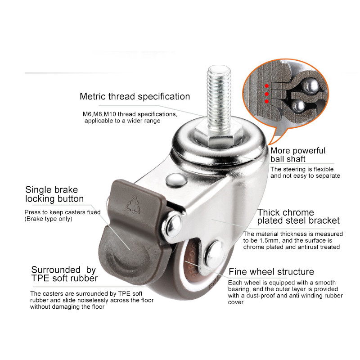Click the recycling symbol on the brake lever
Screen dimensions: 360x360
[x=133, y=205]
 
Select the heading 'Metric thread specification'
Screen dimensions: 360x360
[x=135, y=96]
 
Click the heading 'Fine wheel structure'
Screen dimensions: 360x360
[x=271, y=272]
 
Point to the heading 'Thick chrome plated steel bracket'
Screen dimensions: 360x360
[x=298, y=216]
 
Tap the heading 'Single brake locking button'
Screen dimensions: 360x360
[x=54, y=194]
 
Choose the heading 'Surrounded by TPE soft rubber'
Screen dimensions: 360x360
[x=64, y=274]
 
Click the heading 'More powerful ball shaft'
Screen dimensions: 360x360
[x=298, y=155]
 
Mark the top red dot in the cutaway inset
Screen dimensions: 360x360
[x=266, y=86]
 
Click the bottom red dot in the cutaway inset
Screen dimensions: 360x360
[x=266, y=101]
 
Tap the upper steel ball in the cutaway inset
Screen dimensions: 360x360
[x=310, y=85]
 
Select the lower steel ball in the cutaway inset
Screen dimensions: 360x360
[x=299, y=106]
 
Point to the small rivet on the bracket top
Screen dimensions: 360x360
[x=176, y=179]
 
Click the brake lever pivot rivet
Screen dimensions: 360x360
[x=172, y=225]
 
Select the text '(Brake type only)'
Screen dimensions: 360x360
[x=49, y=219]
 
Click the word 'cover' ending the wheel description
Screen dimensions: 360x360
[x=236, y=302]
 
